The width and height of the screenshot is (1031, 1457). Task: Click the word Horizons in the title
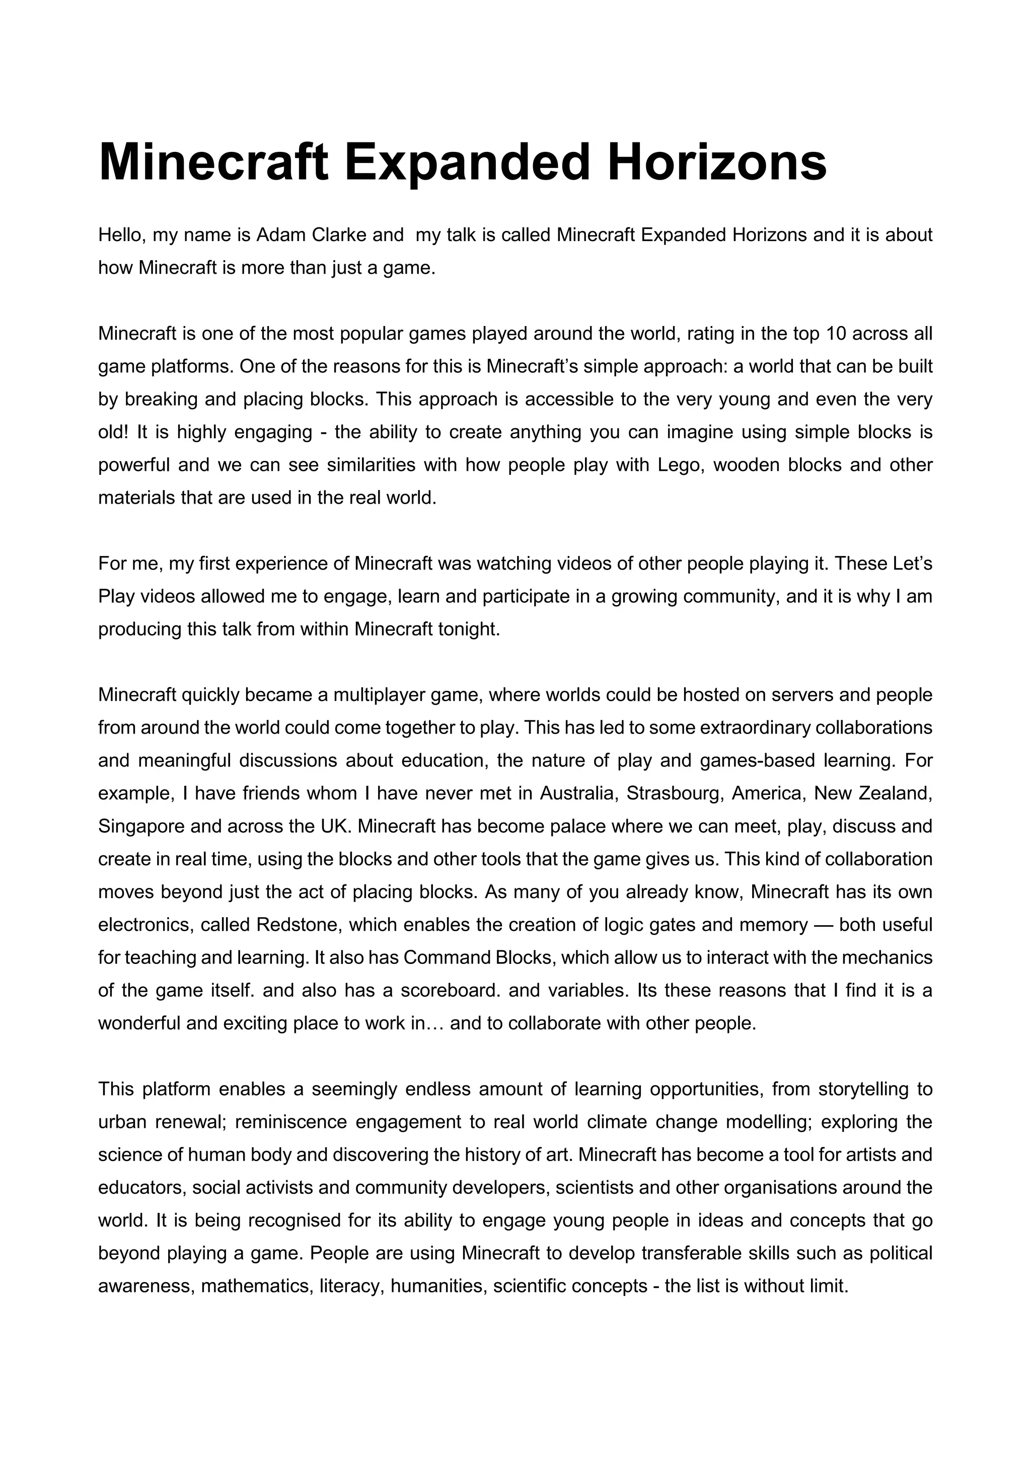[717, 163]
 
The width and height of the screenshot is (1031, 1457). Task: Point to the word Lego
[679, 465]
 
